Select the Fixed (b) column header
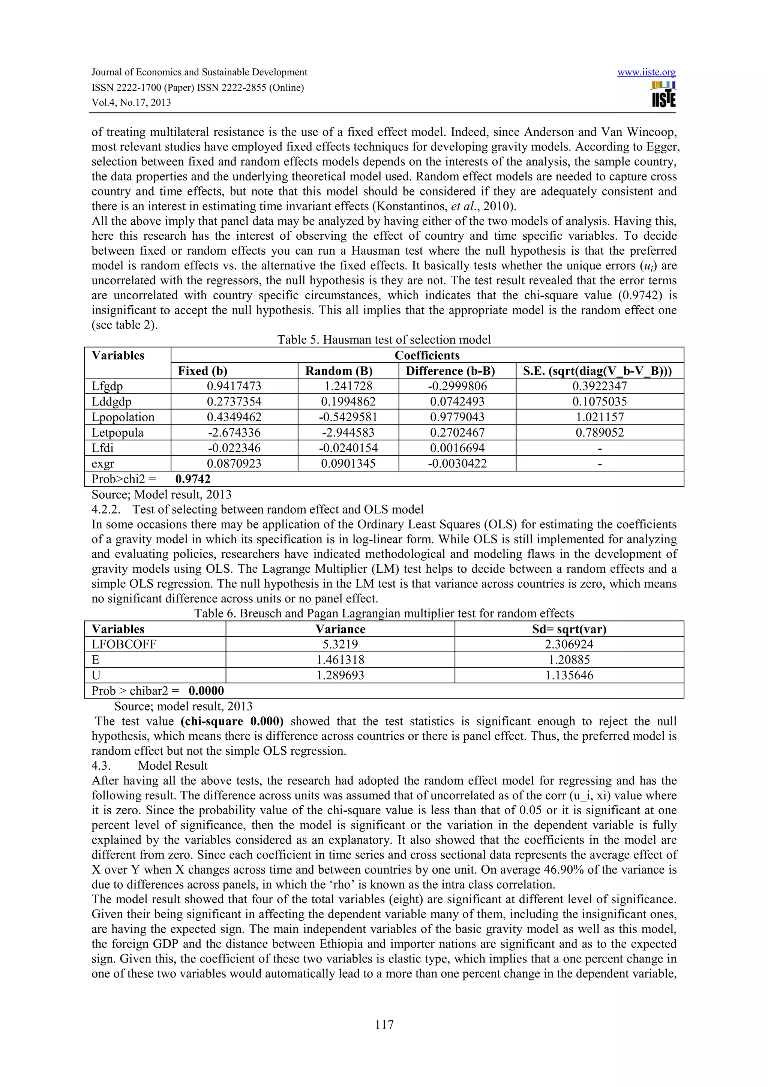(202, 371)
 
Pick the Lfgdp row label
(107, 386)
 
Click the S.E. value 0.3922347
(599, 386)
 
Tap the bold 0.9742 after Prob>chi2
(193, 479)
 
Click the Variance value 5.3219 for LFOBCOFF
(340, 644)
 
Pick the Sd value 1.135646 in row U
(569, 675)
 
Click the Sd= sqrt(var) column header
(569, 629)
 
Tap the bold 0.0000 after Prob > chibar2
(206, 691)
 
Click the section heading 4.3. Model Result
(150, 766)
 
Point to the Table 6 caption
(384, 614)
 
